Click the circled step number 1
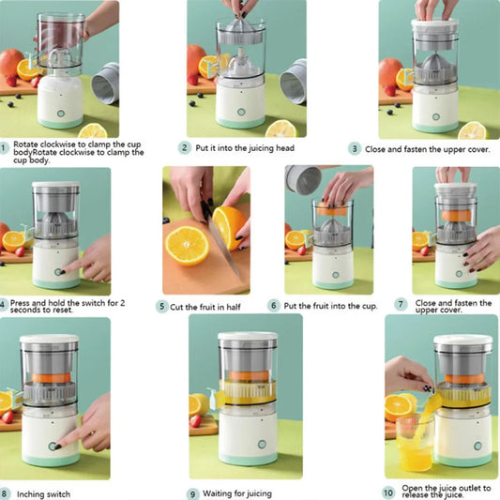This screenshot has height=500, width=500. [x=4, y=147]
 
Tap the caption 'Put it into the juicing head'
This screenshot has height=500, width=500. [x=246, y=148]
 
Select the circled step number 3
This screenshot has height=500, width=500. [x=355, y=148]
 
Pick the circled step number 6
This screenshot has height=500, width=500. [x=274, y=305]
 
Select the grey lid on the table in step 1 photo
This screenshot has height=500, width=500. [x=105, y=83]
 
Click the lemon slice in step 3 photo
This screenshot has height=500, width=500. [x=472, y=130]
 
